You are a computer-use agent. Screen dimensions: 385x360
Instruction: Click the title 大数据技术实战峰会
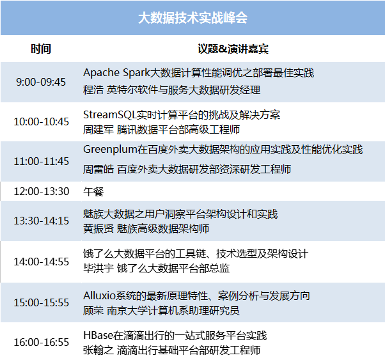coord(192,18)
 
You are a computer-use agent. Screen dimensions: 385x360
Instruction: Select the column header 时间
coord(41,49)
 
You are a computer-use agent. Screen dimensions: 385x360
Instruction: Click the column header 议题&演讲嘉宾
coord(233,49)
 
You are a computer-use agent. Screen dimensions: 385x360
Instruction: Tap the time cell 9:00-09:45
coord(41,82)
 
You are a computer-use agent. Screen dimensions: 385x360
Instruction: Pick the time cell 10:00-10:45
coord(41,121)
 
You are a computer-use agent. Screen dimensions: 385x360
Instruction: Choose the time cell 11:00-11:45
coord(41,161)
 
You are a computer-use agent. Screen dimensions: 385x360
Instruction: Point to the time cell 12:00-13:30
coord(41,191)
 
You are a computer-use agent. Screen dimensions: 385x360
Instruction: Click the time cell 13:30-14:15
coord(41,221)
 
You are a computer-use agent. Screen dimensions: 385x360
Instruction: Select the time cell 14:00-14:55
coord(41,262)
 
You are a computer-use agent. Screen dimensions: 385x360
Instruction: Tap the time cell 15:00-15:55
coord(41,302)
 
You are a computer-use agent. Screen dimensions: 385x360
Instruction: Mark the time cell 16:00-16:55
coord(41,342)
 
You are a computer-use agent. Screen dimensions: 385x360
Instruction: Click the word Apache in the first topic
coord(102,73)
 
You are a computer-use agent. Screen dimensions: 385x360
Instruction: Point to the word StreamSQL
coord(110,115)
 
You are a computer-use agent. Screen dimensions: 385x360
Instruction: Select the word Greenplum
coord(110,150)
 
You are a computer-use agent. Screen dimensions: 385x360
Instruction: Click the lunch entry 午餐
coord(93,192)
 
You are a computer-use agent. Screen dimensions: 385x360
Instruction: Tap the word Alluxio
coord(99,295)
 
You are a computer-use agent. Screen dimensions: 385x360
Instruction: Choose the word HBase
coord(98,335)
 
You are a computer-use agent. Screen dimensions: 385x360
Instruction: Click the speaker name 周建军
coord(98,130)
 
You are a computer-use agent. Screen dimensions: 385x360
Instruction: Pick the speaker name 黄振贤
coord(98,229)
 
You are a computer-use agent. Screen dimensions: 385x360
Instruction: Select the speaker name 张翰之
coord(98,350)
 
